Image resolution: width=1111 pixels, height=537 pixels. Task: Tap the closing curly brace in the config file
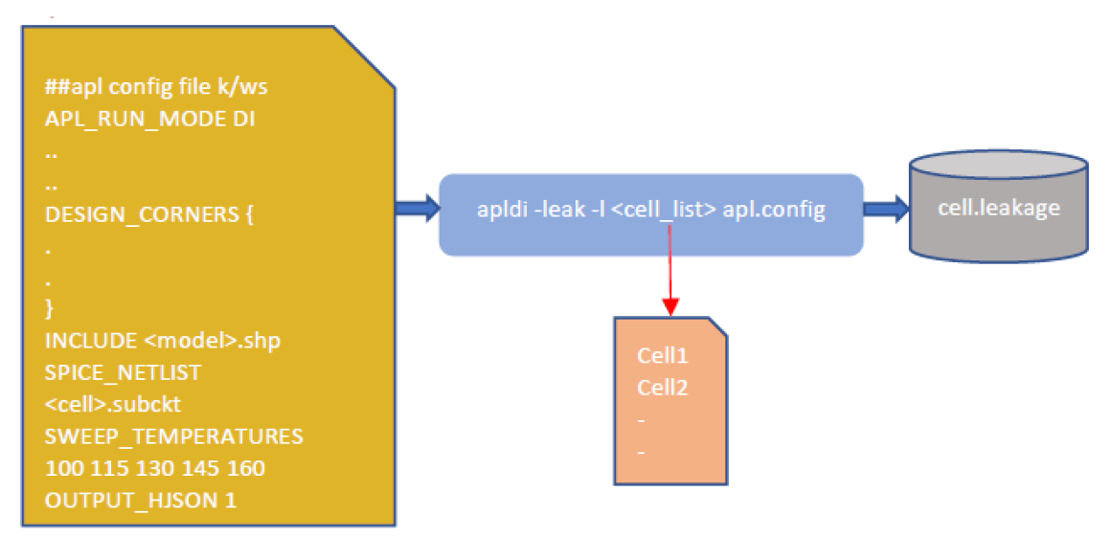point(49,309)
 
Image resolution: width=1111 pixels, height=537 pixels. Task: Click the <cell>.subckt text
point(112,404)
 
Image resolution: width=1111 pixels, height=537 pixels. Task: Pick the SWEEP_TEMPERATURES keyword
point(173,436)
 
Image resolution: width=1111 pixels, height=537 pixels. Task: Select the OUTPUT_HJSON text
point(125,500)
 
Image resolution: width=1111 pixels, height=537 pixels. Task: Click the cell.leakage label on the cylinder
point(999,208)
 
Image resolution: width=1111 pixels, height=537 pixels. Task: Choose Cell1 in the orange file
point(663,355)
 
